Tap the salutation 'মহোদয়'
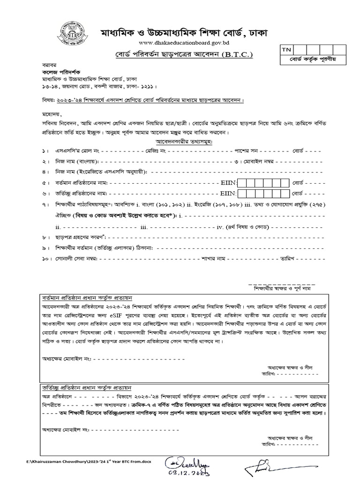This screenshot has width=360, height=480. [51, 114]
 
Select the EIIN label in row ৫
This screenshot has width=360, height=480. [229, 182]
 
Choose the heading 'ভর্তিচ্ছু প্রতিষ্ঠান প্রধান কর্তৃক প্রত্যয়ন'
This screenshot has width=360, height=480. [86, 389]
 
